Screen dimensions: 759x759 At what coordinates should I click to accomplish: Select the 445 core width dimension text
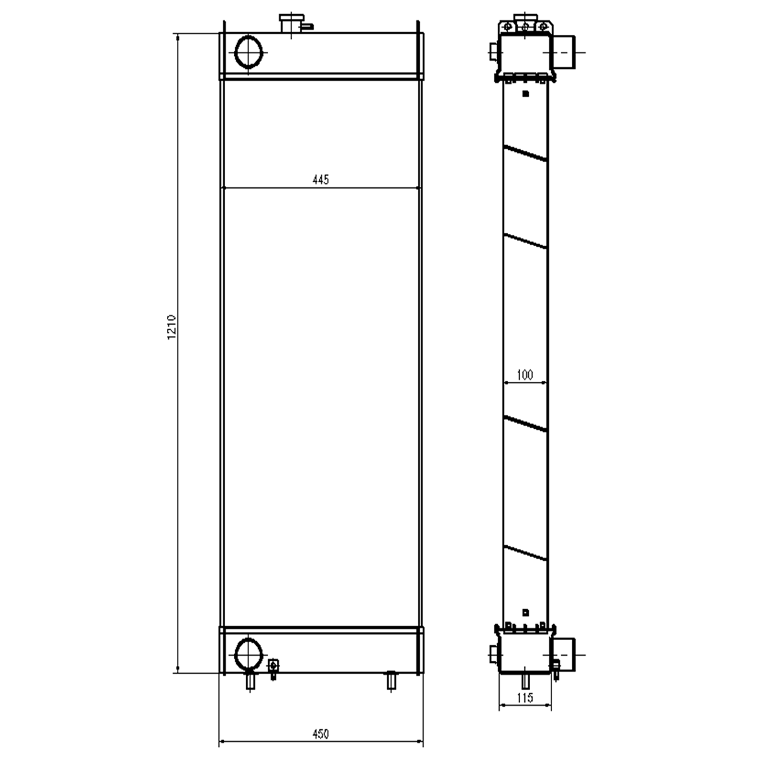(320, 180)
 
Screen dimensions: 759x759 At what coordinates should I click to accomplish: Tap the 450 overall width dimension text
(320, 734)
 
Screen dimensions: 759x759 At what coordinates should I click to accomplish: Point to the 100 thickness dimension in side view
(524, 375)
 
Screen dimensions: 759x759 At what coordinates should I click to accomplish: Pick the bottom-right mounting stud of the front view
(391, 681)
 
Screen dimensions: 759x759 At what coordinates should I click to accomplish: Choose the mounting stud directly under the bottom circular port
(250, 681)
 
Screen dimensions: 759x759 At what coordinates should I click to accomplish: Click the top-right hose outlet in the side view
(564, 52)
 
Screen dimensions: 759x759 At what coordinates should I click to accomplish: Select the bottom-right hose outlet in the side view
(564, 654)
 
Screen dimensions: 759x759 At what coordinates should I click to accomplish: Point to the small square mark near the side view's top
(525, 94)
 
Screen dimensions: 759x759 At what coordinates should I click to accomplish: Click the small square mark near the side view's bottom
(525, 612)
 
